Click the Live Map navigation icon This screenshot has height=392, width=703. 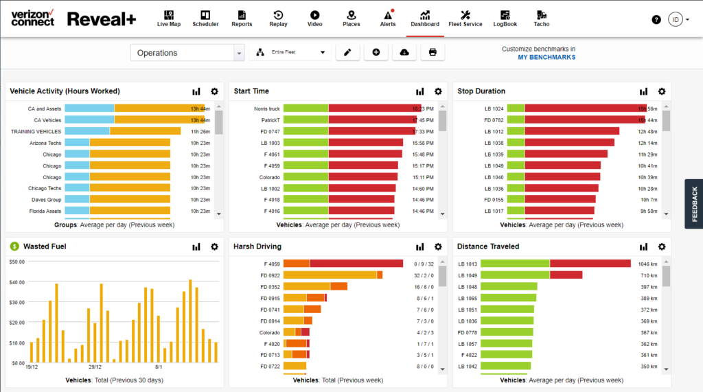point(168,15)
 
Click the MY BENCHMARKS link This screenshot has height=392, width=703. point(546,57)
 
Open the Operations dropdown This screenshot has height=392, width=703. point(187,53)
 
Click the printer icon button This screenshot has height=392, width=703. point(433,52)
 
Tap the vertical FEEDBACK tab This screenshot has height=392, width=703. point(694,203)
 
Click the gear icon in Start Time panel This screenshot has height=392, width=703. point(438,91)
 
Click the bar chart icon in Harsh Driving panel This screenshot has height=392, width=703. point(419,246)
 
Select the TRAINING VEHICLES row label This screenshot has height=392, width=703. point(36,131)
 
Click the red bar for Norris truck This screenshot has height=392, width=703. point(371,108)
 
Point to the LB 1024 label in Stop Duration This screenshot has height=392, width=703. point(494,108)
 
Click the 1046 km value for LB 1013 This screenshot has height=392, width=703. point(648,264)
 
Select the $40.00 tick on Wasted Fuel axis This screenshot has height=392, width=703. point(17,281)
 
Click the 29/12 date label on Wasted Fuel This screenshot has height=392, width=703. point(95,367)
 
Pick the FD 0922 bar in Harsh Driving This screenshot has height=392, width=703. point(330,275)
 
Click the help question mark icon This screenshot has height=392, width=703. point(656,19)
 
